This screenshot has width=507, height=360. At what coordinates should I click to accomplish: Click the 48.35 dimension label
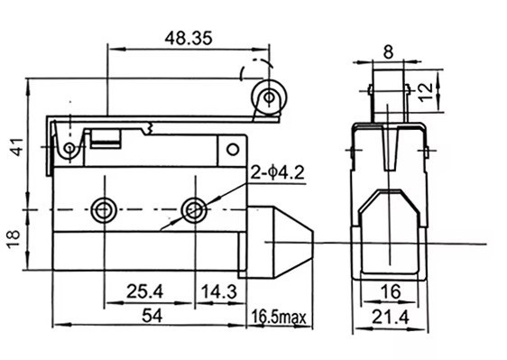click(189, 38)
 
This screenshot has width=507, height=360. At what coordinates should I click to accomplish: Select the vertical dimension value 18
click(14, 239)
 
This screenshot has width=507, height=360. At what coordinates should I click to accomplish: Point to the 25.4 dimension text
click(145, 291)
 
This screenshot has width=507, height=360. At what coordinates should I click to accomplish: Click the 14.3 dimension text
click(219, 291)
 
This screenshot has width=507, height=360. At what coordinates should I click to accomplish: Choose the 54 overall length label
click(152, 316)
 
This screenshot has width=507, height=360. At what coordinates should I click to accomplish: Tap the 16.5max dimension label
click(279, 318)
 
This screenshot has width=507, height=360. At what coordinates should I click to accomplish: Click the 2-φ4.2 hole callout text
click(278, 173)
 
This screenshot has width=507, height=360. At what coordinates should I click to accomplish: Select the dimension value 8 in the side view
click(388, 51)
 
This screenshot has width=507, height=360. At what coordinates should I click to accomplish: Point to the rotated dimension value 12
click(426, 92)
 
